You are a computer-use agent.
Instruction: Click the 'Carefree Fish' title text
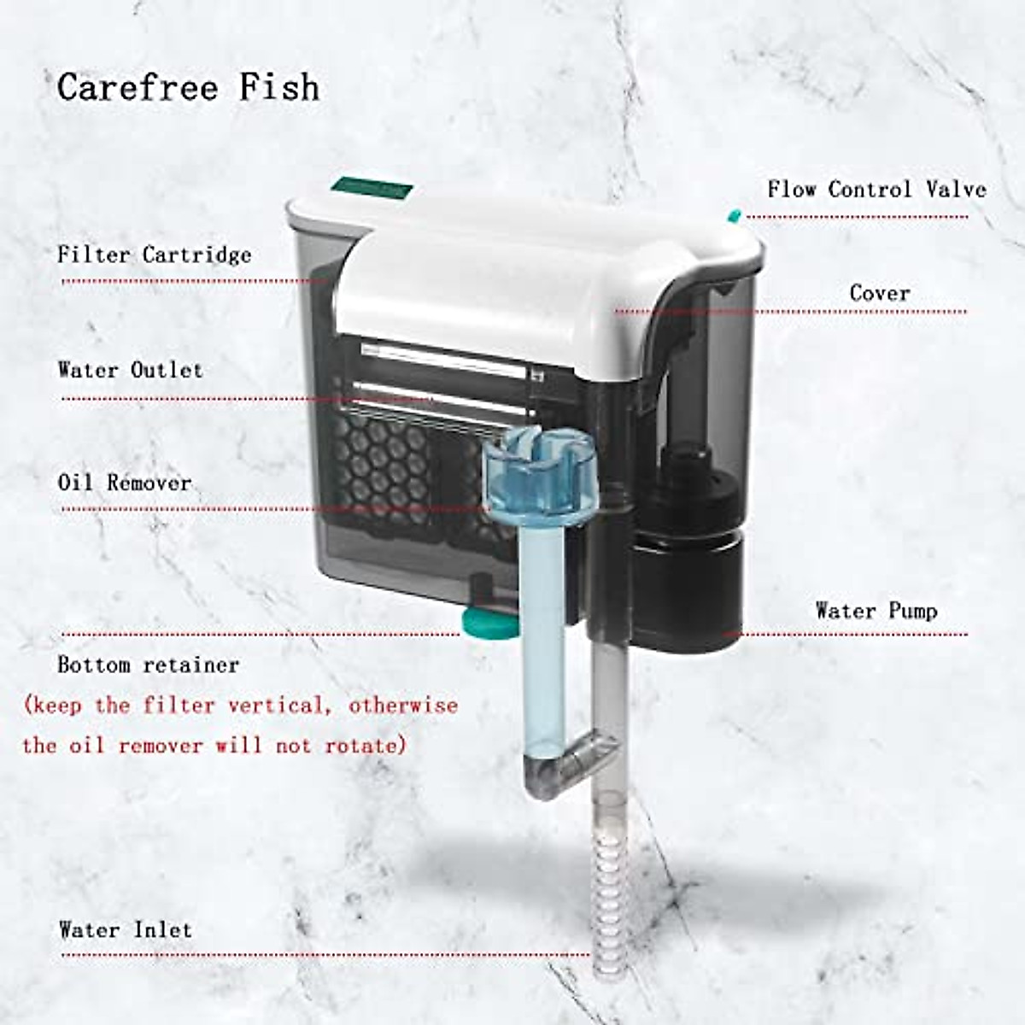189,87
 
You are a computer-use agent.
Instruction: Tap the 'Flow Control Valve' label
876,189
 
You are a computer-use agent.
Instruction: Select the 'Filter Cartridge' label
155,255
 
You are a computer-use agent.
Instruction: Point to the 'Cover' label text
880,293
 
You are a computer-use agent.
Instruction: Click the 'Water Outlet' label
131,370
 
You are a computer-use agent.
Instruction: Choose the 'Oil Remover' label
125,483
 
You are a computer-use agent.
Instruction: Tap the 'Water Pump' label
876,611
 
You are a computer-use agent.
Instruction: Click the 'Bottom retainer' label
149,665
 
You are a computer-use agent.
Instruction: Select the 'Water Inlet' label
126,929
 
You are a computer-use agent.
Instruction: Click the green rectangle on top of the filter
373,187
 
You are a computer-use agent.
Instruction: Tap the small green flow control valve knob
732,214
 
